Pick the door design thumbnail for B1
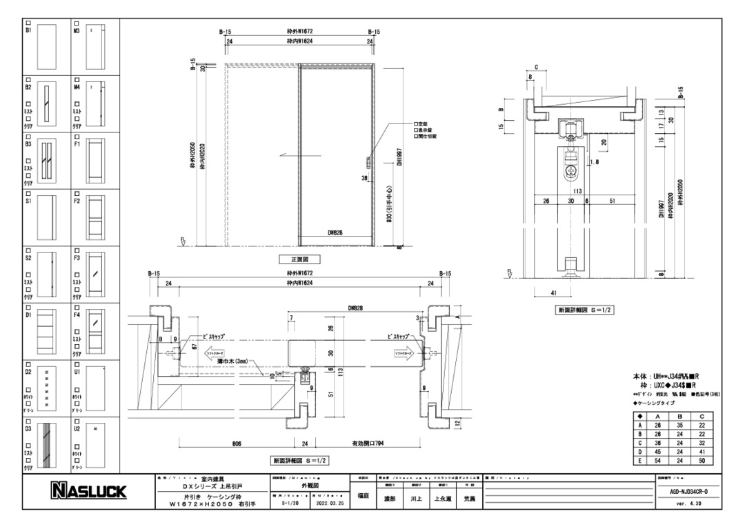(46, 45)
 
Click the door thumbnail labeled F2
(95, 219)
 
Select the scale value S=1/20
(290, 504)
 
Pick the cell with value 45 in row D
(657, 452)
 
